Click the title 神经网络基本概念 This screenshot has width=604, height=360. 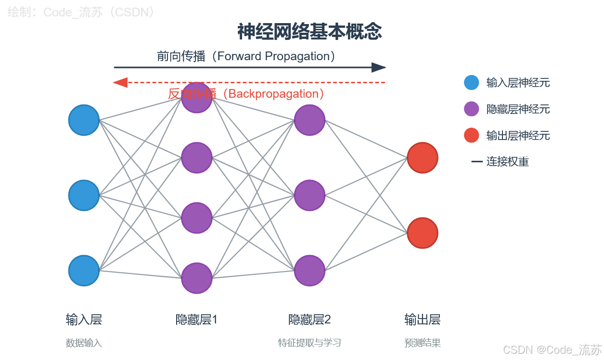[309, 32]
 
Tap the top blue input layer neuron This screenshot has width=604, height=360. [84, 120]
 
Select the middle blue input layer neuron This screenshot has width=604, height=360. [84, 195]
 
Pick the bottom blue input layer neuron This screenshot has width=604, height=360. [84, 270]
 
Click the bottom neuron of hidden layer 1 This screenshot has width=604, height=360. [197, 278]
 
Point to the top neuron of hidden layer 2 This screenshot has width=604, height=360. [309, 120]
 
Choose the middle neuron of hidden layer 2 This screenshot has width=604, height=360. [309, 195]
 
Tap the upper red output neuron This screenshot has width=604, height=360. [422, 157]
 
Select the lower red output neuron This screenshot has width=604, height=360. [422, 233]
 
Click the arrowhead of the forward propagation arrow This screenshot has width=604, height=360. [379, 67]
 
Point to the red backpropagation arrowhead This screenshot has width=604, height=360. [120, 83]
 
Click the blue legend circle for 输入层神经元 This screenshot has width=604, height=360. [471, 83]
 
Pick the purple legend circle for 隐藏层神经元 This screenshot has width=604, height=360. [471, 109]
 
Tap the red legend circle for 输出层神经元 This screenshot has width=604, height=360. [471, 135]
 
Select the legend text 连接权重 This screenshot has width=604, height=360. [507, 162]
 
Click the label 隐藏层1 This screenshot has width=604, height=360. [196, 320]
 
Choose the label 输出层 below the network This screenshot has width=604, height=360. [422, 320]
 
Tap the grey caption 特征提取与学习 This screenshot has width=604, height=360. [309, 343]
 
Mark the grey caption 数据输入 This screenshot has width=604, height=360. [84, 343]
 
